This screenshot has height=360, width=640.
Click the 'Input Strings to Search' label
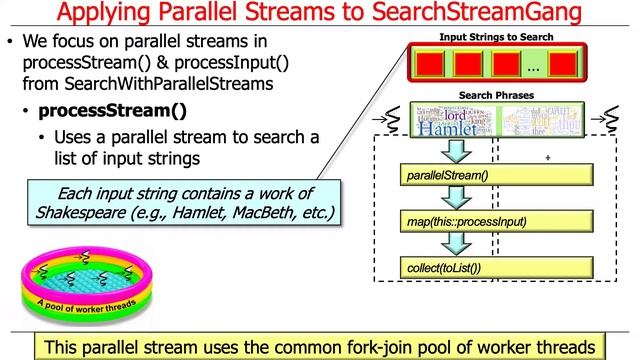(x=497, y=37)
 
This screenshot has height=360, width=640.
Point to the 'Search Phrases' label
(x=496, y=96)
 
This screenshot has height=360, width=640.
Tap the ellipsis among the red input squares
(x=533, y=68)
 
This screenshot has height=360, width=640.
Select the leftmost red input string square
(x=430, y=66)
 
